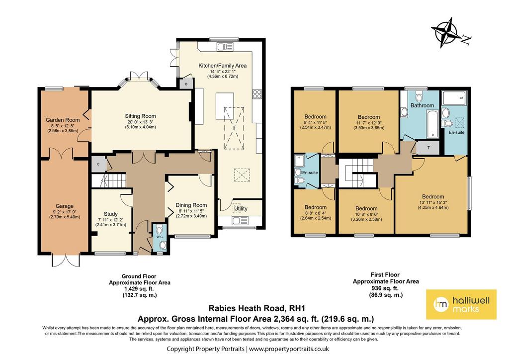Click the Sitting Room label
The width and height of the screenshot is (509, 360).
tap(141, 116)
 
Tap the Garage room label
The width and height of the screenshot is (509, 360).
tap(65, 206)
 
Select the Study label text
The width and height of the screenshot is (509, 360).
tap(111, 214)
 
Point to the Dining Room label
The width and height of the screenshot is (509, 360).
tap(191, 205)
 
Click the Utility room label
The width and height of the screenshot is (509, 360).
tap(241, 208)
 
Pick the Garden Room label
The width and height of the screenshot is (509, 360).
tap(63, 120)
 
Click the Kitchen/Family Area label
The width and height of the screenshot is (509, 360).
tap(223, 65)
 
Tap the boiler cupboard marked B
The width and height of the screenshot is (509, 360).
tap(186, 83)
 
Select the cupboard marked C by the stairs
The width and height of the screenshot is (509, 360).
tap(98, 164)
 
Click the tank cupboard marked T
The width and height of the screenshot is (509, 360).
tap(428, 148)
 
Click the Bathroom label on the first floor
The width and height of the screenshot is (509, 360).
tap(422, 105)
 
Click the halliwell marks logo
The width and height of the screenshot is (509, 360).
tap(461, 304)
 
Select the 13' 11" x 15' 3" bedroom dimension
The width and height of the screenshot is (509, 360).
tap(433, 202)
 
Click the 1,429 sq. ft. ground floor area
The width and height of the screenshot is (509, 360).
tap(139, 288)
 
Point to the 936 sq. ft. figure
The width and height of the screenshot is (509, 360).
tap(385, 288)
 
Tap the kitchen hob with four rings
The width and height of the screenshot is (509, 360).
tap(257, 94)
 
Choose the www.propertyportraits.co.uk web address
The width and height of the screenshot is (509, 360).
tap(289, 349)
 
